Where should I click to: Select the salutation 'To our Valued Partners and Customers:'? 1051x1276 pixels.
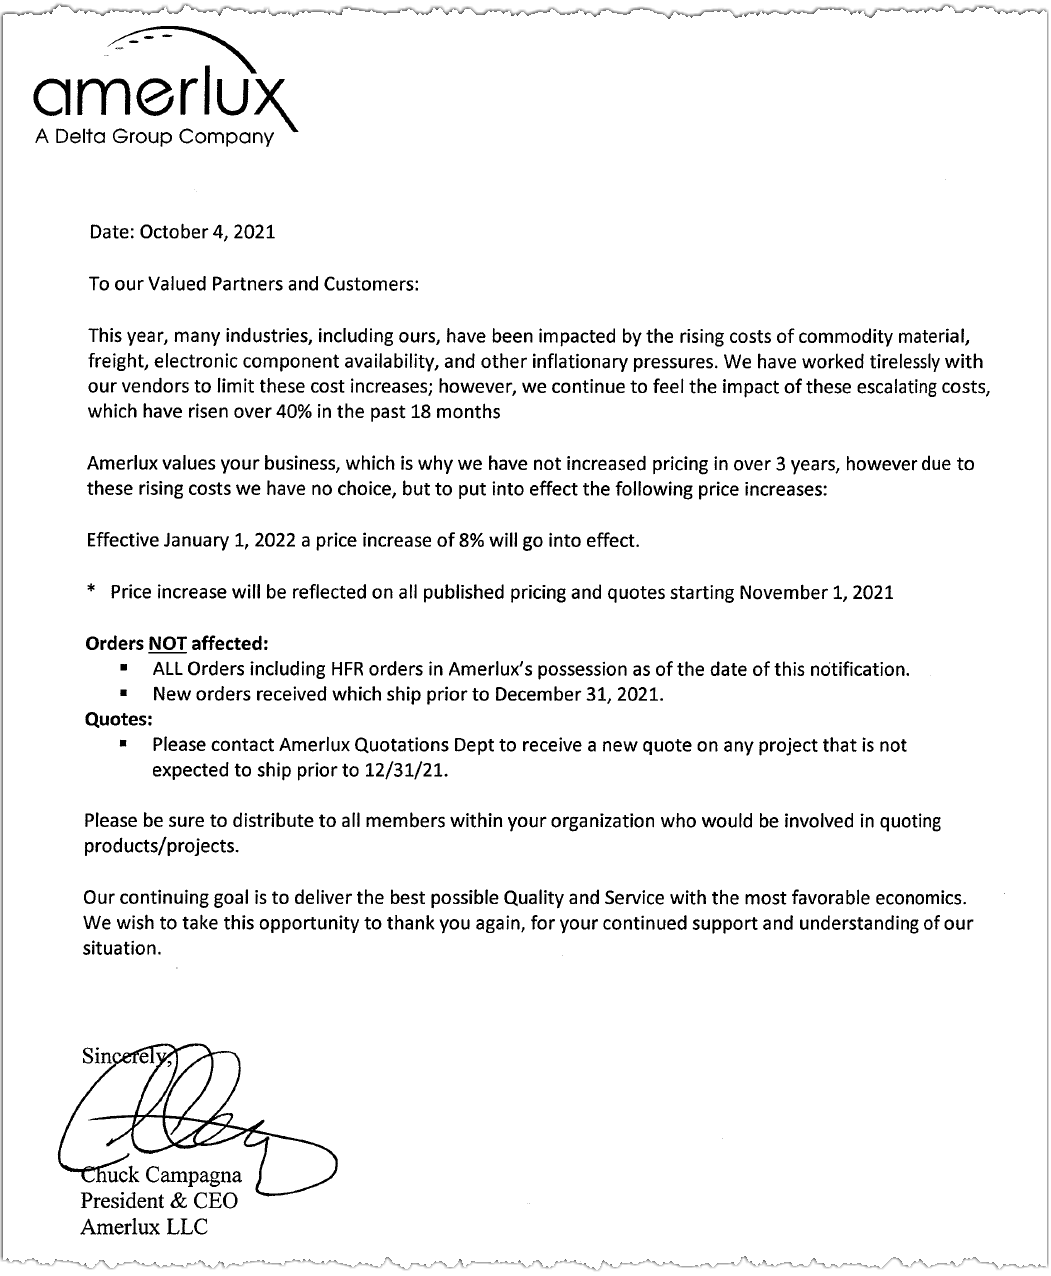[252, 284]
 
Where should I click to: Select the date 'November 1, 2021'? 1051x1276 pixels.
[816, 592]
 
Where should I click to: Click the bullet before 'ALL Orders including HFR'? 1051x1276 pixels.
[123, 667]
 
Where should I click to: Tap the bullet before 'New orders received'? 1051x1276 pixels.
[123, 692]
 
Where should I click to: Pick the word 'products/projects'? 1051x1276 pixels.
[161, 846]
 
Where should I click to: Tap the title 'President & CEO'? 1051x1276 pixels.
[158, 1201]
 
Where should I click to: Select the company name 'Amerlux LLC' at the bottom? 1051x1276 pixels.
[144, 1227]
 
